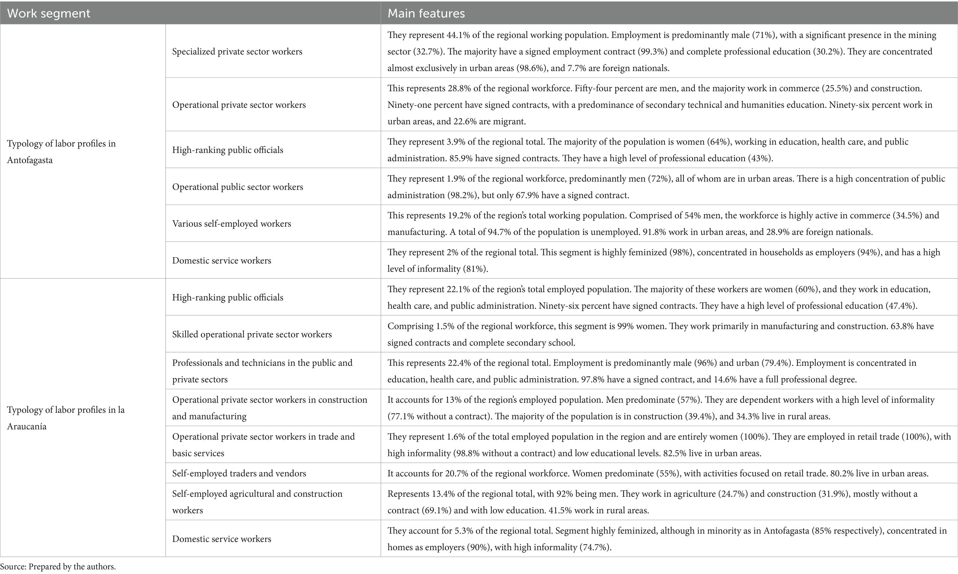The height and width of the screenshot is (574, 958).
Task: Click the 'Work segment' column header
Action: click(x=49, y=14)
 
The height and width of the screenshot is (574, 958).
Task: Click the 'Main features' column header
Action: click(x=426, y=14)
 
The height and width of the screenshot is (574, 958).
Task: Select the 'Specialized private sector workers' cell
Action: click(x=237, y=51)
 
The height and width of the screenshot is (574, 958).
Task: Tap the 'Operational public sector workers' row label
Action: click(x=237, y=187)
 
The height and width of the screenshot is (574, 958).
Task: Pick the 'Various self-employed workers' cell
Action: click(x=231, y=223)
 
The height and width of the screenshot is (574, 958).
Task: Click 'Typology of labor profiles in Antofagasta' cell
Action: click(x=61, y=152)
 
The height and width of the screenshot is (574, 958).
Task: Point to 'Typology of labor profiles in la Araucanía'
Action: click(x=66, y=418)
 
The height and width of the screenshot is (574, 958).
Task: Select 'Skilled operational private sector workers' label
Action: click(x=252, y=334)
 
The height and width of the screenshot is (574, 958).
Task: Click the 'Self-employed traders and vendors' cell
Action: click(x=239, y=473)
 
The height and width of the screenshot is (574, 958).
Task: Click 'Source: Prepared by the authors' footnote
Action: click(x=58, y=567)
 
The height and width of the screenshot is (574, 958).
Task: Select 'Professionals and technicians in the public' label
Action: click(x=262, y=363)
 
